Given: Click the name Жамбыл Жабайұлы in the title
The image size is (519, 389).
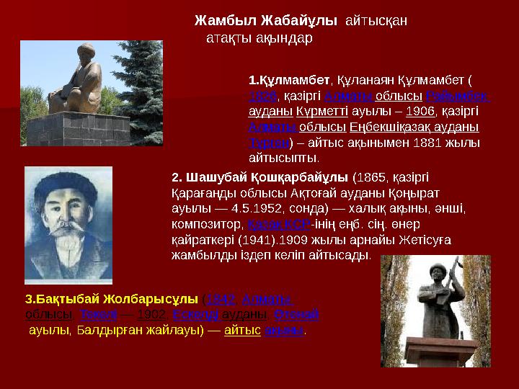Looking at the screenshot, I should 266,21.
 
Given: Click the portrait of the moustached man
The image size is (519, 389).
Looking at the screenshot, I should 68,224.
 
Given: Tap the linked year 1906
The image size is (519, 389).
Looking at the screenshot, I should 420,112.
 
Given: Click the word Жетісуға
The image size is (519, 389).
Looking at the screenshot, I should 422,239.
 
